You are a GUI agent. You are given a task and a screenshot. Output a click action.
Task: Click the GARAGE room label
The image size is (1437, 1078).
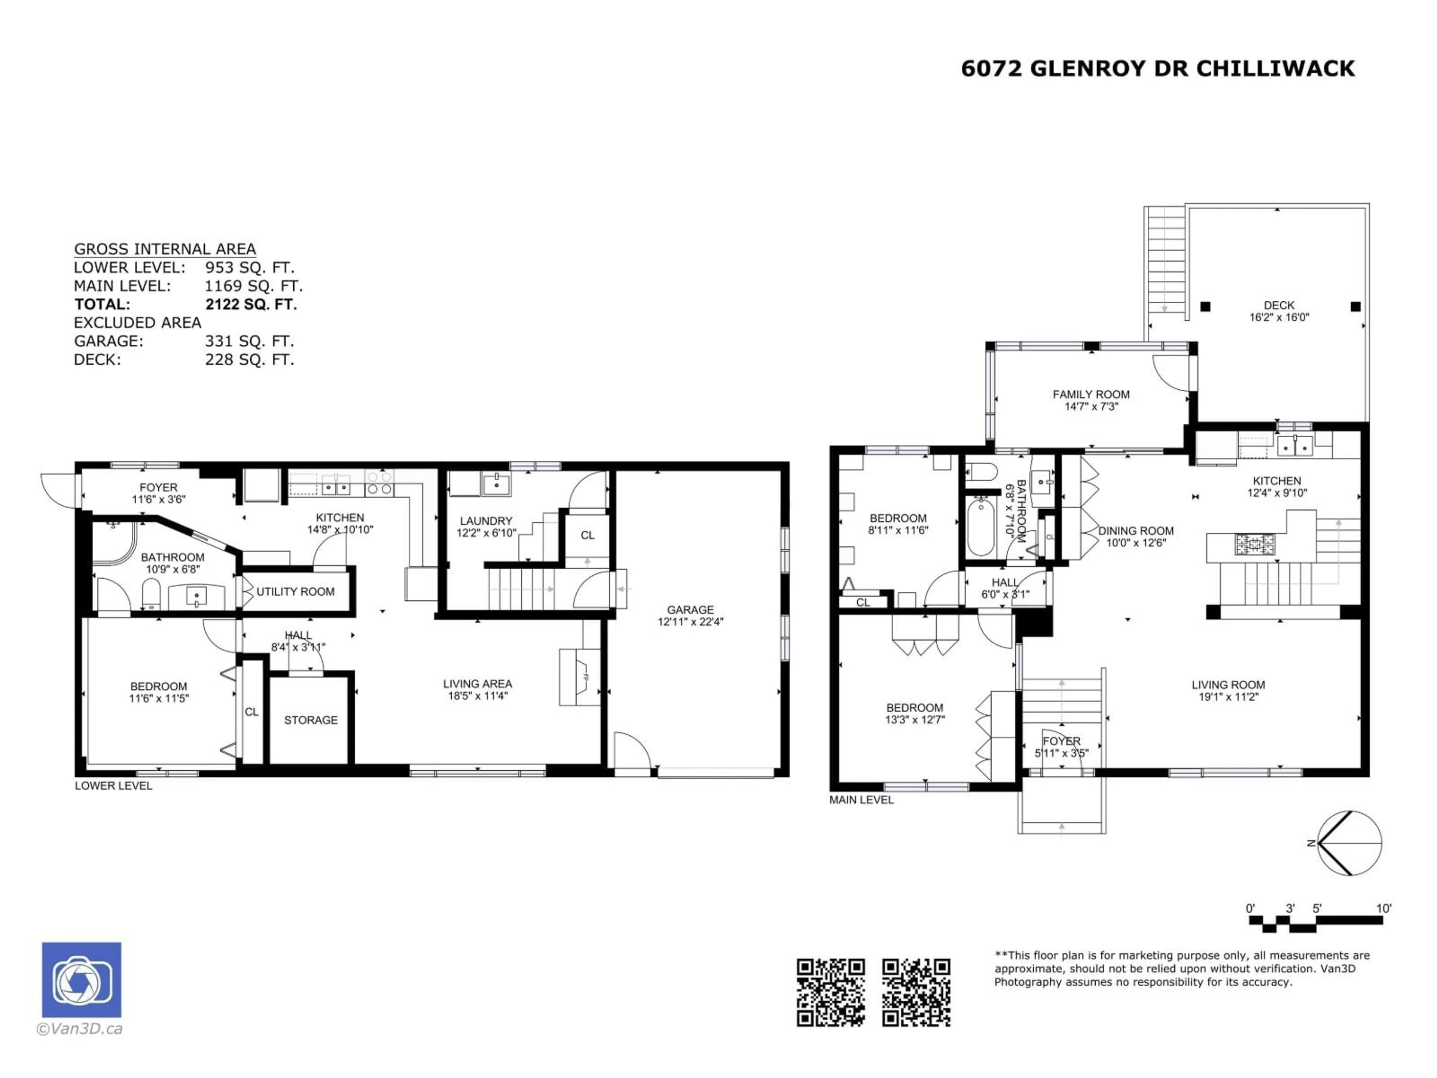[690, 609]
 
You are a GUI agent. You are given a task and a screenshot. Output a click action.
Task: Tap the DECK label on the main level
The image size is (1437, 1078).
[1278, 305]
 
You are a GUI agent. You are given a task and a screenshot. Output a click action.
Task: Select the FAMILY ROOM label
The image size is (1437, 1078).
[1091, 395]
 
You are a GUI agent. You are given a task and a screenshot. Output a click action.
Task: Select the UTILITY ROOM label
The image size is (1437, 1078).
[296, 591]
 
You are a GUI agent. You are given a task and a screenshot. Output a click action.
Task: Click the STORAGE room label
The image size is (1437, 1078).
[311, 720]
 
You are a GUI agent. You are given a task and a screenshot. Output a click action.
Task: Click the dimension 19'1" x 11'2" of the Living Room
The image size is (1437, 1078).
[1228, 697]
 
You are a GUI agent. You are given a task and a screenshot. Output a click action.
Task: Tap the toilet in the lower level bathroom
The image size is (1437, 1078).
[151, 593]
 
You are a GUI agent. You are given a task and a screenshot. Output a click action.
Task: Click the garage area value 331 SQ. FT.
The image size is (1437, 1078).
[250, 341]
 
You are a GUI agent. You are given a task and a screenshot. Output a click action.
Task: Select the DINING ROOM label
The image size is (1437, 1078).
[1136, 530]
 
